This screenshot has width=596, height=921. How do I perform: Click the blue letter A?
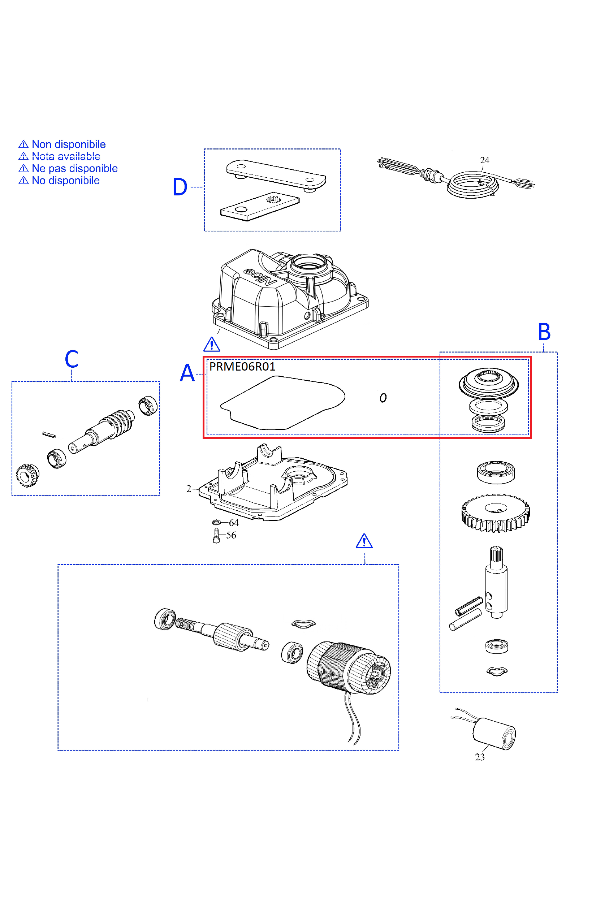[187, 373]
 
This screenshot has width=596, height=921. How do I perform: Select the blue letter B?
[544, 332]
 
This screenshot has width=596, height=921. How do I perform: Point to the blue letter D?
[180, 187]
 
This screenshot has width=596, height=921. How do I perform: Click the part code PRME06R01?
[242, 367]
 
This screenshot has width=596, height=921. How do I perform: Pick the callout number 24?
[484, 160]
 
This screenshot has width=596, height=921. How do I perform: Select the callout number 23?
[480, 757]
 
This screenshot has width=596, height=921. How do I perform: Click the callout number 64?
[234, 523]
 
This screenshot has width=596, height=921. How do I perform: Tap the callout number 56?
[231, 535]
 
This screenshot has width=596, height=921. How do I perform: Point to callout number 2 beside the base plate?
[189, 489]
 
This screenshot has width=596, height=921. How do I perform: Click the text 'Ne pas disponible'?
[74, 168]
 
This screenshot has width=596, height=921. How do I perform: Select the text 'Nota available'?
[66, 156]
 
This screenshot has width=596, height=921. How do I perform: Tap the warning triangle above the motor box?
[364, 541]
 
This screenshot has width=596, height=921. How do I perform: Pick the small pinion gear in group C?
[27, 475]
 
